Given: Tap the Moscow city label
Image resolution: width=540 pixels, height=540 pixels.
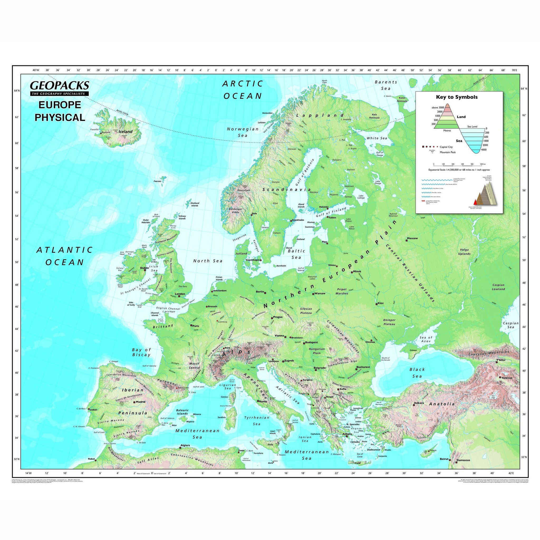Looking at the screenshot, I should point(412,238).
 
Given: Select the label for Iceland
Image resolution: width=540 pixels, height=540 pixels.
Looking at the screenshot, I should point(125,131).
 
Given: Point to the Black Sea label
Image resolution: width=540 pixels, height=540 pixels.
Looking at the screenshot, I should point(417,373).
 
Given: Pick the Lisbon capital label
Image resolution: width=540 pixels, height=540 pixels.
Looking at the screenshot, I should point(93,410).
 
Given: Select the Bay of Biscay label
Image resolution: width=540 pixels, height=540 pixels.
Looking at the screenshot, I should point(141,352).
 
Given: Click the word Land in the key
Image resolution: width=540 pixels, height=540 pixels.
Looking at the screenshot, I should point(461,117).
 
